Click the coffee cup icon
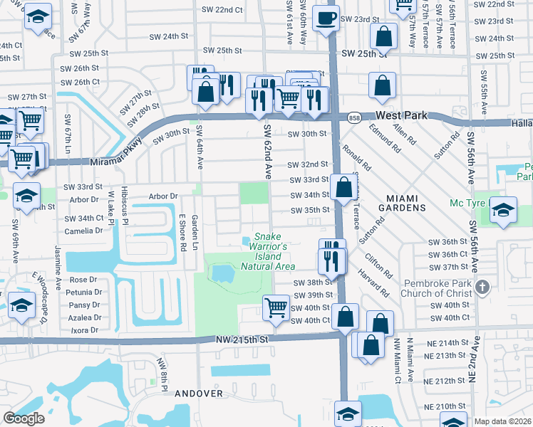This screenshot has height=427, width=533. pos(326,18)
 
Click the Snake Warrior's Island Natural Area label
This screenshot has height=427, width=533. pos(268,251)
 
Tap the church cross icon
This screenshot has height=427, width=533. pos(482,288)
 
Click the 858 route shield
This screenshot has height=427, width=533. pos(353,117)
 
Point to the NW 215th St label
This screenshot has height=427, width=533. pos(244,342)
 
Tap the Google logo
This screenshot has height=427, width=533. pos(24,418)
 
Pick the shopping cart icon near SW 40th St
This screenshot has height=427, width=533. pos(276,307)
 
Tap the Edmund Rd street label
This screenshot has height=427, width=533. pos(383,139)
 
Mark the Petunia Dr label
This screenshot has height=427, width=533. pos(85,292)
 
